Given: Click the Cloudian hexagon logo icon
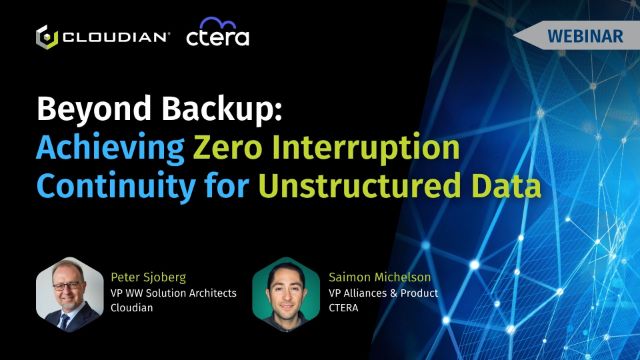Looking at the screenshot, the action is [47, 37].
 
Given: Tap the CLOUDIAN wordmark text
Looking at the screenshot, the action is [115, 38].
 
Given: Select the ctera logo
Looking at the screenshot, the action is [218, 32].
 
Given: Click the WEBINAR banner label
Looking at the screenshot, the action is [585, 36].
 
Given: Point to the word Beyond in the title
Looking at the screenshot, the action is [94, 109].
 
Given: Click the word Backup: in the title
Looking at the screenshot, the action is [222, 109].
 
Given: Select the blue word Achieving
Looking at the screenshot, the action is [110, 148].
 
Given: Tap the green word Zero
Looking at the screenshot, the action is [227, 148].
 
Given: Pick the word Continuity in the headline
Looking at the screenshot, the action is [116, 187].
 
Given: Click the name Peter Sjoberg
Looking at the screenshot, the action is [148, 278].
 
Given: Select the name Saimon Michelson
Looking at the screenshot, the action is [380, 278].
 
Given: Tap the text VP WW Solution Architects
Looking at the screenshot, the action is [173, 293].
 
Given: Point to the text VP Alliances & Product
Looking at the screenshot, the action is [383, 293].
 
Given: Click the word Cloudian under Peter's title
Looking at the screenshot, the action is [131, 307].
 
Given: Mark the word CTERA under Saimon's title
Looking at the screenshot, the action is [343, 308].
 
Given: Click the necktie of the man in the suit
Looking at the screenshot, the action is [64, 321].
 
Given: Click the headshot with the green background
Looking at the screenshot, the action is [286, 294].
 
